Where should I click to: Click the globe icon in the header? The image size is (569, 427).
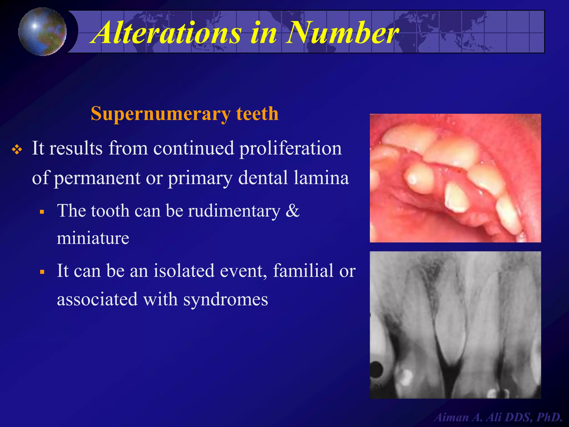point(42,31)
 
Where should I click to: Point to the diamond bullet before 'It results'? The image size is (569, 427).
point(17,150)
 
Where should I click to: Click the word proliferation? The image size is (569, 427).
point(290,148)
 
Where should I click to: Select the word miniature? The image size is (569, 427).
point(93,238)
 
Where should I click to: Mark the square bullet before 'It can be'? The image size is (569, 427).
point(42,272)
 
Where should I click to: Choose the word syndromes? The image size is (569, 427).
point(226,300)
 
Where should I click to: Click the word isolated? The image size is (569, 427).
point(184,270)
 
